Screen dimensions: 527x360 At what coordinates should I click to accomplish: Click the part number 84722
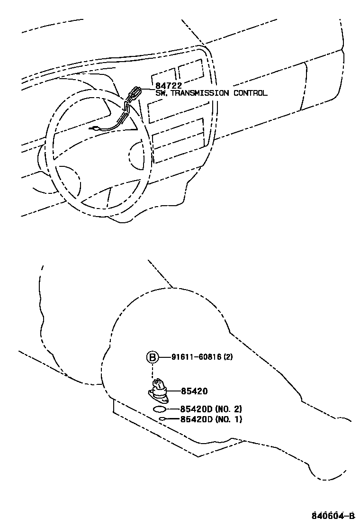(169, 86)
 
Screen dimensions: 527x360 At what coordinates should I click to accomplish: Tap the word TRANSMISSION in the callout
(199, 93)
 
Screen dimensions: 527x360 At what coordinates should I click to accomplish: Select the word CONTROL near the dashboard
(250, 93)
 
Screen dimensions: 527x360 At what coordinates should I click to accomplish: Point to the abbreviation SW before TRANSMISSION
(161, 93)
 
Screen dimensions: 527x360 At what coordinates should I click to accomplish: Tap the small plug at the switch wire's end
(96, 128)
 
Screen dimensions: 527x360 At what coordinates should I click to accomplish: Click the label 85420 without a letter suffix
(194, 391)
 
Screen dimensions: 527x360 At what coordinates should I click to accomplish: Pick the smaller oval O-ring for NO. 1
(162, 419)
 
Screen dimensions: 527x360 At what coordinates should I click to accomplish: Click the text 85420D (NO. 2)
(210, 409)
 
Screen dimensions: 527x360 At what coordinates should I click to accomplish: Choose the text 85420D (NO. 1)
(210, 419)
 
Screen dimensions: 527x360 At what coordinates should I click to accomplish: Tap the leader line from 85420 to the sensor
(173, 391)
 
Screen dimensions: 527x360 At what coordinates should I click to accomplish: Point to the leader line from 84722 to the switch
(148, 88)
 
